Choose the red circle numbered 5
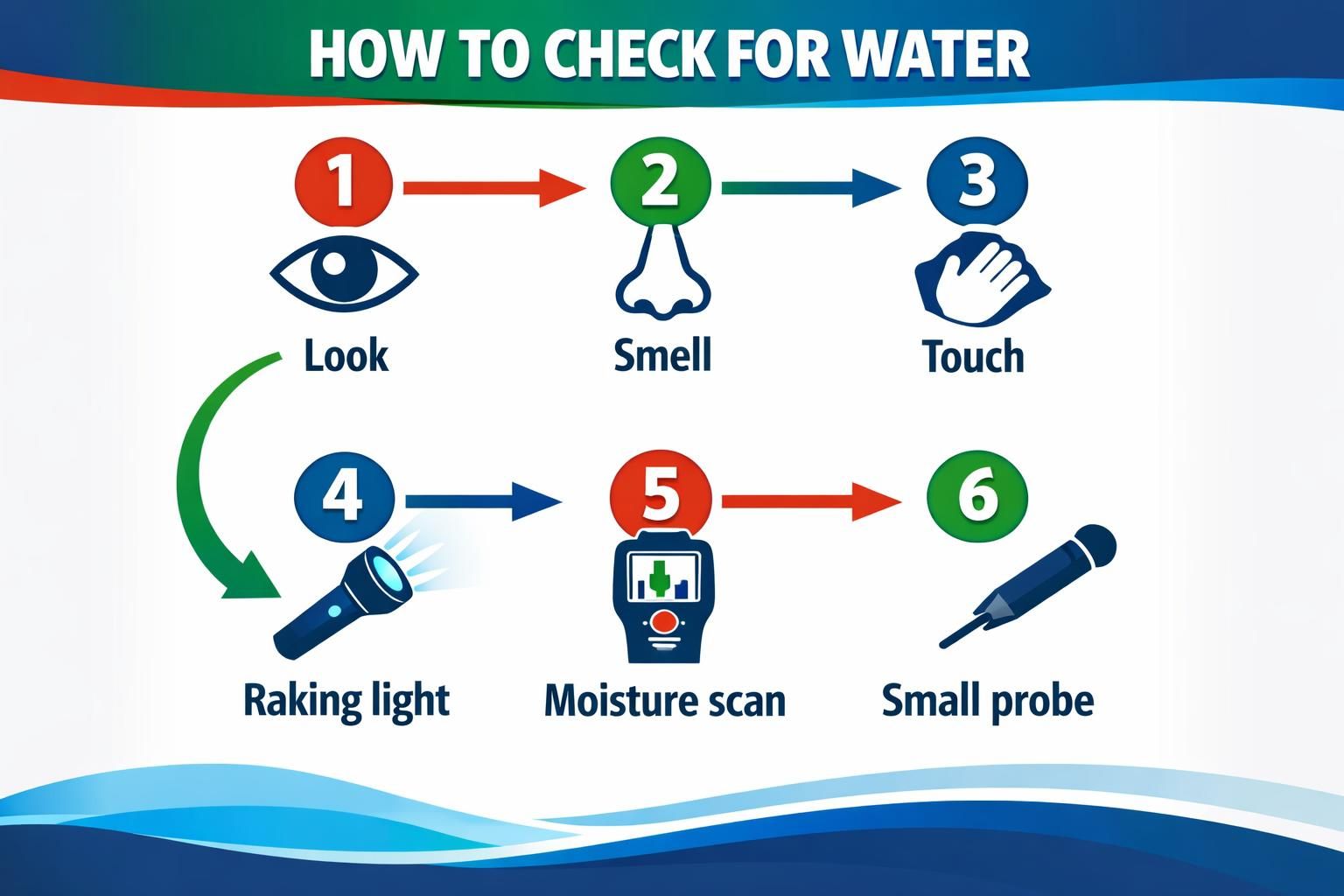(661, 495)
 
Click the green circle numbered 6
(977, 495)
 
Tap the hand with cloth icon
(980, 278)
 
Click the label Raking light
(346, 701)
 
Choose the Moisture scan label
(664, 701)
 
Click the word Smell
(662, 354)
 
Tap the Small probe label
(988, 701)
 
